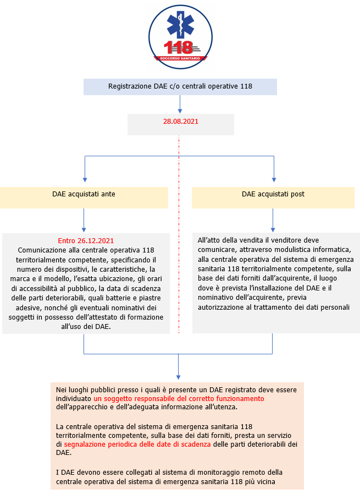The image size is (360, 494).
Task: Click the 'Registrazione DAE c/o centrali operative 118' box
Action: (180, 87)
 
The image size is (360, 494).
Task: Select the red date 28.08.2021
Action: (180, 120)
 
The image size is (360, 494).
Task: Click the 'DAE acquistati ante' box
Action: (84, 194)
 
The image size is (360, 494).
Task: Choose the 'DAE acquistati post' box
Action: (273, 194)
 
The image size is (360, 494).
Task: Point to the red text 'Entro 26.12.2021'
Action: (86, 241)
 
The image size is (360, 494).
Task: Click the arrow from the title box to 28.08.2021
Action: (180, 105)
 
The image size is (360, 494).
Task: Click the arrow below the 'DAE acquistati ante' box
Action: (84, 221)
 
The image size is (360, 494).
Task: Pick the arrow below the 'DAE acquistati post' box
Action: (273, 221)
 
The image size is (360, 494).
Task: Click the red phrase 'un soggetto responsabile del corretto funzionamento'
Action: (179, 398)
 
